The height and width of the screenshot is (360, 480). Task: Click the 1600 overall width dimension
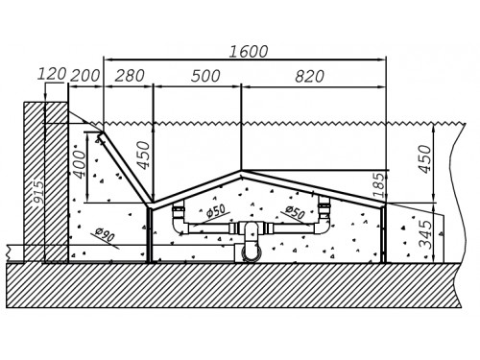(249, 52)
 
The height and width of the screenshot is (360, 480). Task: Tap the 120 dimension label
(52, 74)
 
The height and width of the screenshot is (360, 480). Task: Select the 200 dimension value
(84, 76)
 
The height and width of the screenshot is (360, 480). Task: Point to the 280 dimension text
(130, 76)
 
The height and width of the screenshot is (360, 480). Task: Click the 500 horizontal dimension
(205, 76)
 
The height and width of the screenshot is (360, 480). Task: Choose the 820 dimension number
(309, 77)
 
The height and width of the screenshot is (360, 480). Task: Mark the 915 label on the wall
(38, 192)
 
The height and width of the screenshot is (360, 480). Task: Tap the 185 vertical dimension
(378, 185)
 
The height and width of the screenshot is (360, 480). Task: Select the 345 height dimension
(425, 234)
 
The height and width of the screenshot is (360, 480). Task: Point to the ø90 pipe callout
(105, 234)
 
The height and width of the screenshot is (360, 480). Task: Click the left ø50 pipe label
(216, 211)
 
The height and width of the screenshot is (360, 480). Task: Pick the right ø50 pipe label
(295, 212)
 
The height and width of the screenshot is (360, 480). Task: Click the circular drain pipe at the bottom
(251, 252)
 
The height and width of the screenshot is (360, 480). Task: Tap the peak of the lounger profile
(242, 172)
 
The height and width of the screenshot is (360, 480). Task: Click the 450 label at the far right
(425, 159)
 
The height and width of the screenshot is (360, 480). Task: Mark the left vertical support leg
(150, 234)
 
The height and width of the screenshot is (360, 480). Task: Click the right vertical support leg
(383, 234)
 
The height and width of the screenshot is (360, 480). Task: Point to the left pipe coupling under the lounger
(179, 211)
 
